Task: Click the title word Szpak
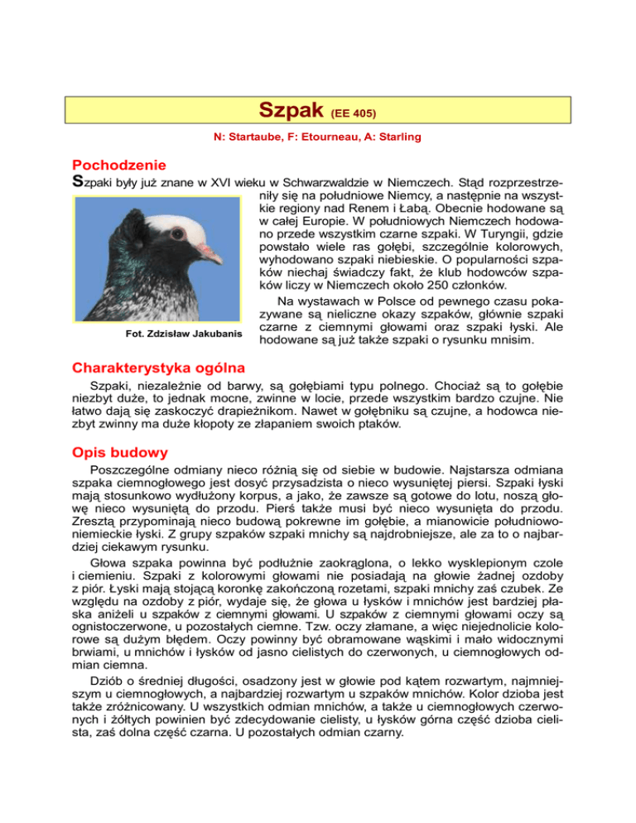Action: (x=291, y=109)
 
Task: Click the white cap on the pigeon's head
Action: (x=178, y=226)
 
